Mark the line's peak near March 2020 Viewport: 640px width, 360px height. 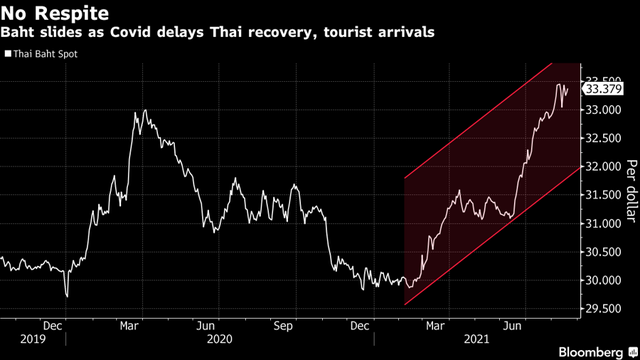(145, 111)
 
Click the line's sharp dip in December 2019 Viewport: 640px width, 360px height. (66, 296)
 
